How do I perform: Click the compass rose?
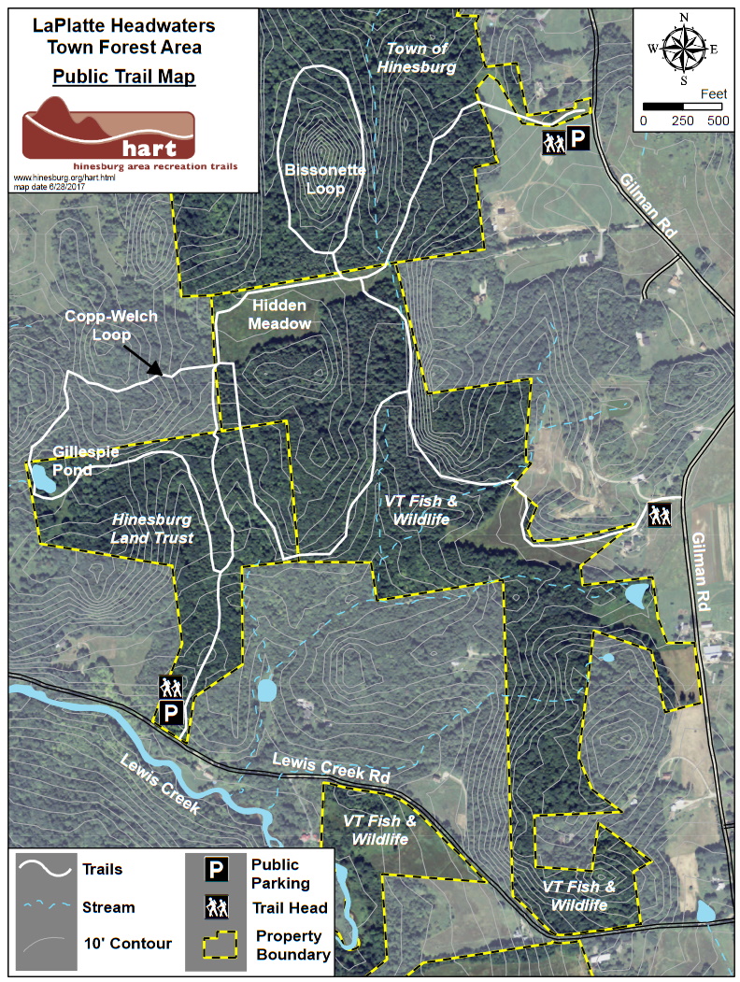[x=684, y=47]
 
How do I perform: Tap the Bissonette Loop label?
[x=314, y=178]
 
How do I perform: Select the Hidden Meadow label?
[x=279, y=314]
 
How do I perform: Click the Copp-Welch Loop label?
[x=111, y=324]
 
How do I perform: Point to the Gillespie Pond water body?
[x=42, y=479]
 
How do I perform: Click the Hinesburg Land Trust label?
[x=151, y=528]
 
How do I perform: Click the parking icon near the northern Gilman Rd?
[x=579, y=140]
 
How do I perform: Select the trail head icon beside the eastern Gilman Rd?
[x=660, y=514]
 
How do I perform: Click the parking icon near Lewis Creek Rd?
[x=170, y=714]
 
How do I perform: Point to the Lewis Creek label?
[x=160, y=785]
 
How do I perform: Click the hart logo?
[x=108, y=132]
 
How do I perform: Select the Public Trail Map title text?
[x=123, y=77]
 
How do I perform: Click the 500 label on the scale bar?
[x=717, y=121]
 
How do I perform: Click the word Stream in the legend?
[x=108, y=907]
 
